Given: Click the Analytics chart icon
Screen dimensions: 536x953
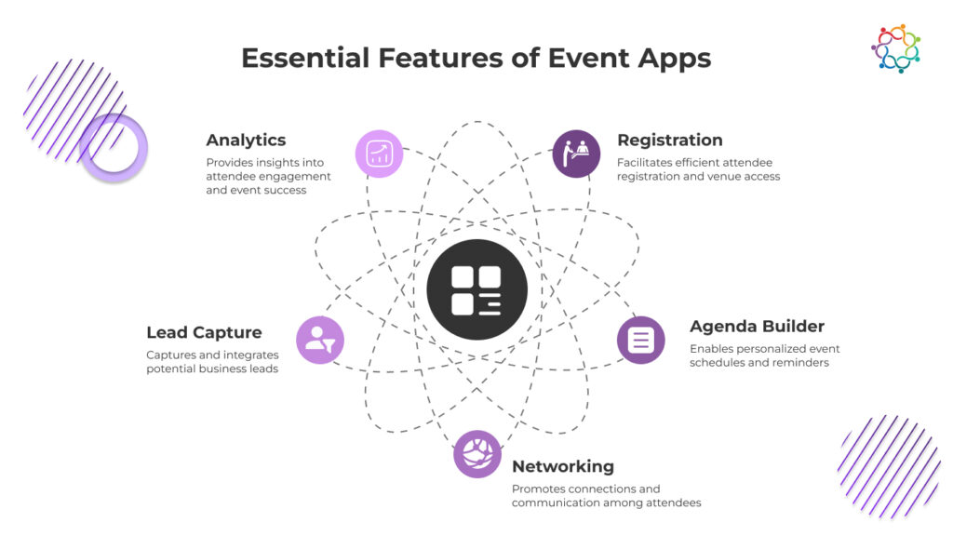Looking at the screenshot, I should pyautogui.click(x=380, y=154).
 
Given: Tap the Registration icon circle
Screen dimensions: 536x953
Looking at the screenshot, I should pyautogui.click(x=576, y=154).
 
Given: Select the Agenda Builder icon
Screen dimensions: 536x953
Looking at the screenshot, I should pyautogui.click(x=640, y=340).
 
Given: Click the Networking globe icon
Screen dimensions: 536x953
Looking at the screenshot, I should pyautogui.click(x=477, y=454).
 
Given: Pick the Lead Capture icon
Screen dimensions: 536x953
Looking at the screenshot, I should pyautogui.click(x=320, y=340).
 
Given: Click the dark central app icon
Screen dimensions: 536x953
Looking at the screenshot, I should pyautogui.click(x=476, y=289).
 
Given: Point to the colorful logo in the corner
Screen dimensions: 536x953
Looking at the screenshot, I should pyautogui.click(x=895, y=48).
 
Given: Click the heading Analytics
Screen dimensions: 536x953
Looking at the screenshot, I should pyautogui.click(x=246, y=141).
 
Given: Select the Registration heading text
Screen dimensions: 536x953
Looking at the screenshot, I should pyautogui.click(x=669, y=141).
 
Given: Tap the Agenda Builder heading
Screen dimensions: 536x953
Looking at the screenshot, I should pyautogui.click(x=757, y=327).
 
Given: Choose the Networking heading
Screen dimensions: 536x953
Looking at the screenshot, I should pyautogui.click(x=562, y=466).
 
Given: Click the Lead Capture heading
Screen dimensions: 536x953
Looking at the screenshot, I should pyautogui.click(x=204, y=332).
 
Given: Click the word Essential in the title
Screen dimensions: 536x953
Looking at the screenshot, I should pyautogui.click(x=297, y=58).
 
